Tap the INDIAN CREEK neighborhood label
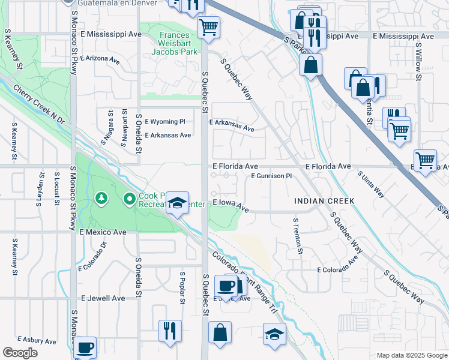324,200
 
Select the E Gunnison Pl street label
271,176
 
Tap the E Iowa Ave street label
231,205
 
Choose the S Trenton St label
297,235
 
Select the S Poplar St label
182,287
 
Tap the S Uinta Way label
371,184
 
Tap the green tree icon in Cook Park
101,197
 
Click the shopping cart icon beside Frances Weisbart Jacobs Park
208,26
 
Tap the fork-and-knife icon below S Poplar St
170,330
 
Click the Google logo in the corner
20,353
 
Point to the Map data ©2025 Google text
411,355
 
